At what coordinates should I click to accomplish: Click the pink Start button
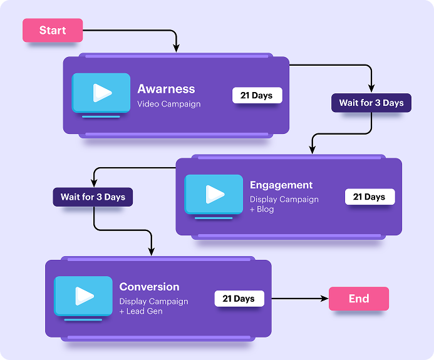coord(53,31)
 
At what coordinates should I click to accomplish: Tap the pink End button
coord(359,299)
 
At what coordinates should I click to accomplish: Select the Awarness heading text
coord(166,89)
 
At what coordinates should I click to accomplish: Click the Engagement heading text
coord(281,185)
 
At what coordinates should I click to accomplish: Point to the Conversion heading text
coord(149,287)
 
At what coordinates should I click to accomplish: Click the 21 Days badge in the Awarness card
coord(257,95)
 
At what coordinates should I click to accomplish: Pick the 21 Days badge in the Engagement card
coord(369,197)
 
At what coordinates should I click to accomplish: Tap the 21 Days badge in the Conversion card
coord(239,299)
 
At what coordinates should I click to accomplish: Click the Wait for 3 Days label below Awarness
coord(371,103)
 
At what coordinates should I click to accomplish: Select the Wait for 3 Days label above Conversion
coord(93,197)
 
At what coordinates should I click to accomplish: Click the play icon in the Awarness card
coord(101,93)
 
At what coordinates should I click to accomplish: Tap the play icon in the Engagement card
coord(214,194)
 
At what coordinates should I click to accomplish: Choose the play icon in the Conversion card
coord(83,296)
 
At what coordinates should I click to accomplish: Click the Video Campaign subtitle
coord(169,104)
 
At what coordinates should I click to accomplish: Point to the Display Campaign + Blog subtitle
coord(284,204)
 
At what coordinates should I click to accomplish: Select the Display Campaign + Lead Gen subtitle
coord(153,306)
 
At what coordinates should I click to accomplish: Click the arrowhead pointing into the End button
coord(324,299)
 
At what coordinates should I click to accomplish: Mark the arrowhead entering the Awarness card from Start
coord(177,49)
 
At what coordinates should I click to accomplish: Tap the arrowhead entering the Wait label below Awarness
coord(371,89)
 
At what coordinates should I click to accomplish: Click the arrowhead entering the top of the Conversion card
coord(152,251)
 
